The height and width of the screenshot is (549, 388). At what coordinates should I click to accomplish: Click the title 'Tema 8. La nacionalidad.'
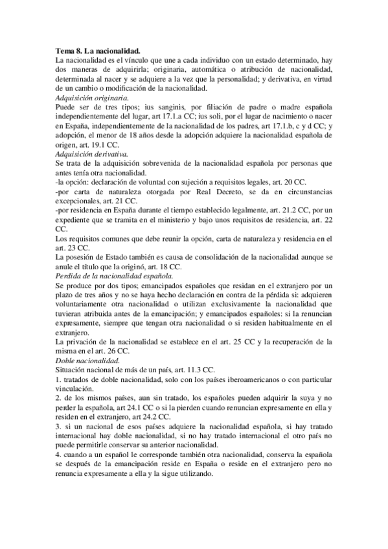[x=98, y=50]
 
